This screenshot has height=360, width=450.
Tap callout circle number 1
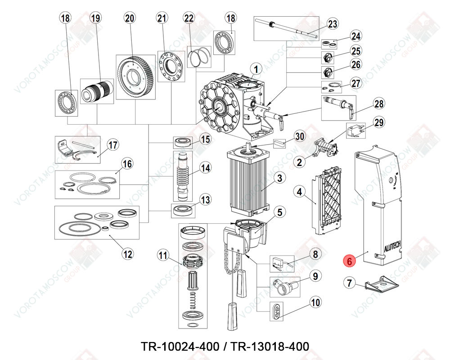tap(256, 70)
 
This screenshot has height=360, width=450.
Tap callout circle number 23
tap(332, 24)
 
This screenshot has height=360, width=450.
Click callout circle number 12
tap(128, 254)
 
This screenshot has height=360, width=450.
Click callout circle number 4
tap(298, 191)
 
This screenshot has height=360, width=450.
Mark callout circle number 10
tap(315, 302)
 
